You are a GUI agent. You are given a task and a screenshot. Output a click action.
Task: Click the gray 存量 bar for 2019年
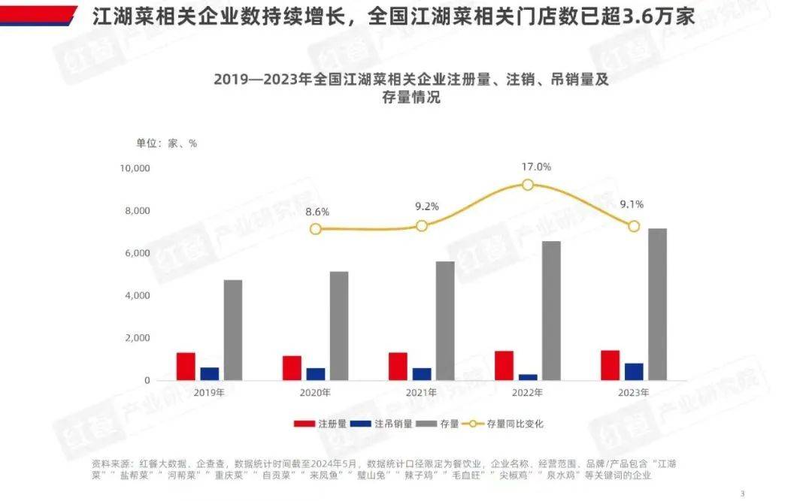coord(233,330)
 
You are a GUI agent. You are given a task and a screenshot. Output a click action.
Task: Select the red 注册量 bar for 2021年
coord(398,366)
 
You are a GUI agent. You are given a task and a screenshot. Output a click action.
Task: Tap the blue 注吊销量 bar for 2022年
coord(528,377)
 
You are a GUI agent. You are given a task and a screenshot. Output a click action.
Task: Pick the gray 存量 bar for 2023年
coord(658,304)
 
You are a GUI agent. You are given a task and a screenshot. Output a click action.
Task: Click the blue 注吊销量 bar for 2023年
coord(634,372)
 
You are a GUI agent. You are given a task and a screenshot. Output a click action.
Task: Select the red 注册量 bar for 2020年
coord(292,367)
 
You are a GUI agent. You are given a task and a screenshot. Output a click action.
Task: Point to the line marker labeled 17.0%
coord(528,185)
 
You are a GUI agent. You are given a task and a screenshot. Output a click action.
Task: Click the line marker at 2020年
coord(316,228)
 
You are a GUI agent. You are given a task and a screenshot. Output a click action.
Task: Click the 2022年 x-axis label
coord(527,393)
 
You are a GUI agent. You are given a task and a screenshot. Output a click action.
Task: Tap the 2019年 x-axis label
coord(209,393)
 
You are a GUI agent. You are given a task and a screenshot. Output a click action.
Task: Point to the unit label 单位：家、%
coord(166,143)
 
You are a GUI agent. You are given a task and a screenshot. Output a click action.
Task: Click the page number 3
coord(742,493)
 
